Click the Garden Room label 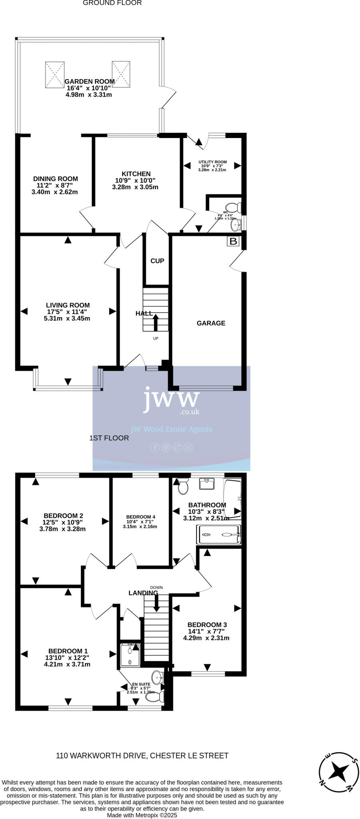pos(90,81)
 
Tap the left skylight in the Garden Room pos(54,74)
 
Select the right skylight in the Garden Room pos(121,74)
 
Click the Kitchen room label pos(136,174)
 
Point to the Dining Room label pos(55,179)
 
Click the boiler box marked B pos(233,241)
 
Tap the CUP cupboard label pos(157,261)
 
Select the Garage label pos(211,323)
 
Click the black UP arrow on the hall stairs pos(156,323)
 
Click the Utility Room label pos(212,162)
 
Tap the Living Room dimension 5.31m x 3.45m pos(67,319)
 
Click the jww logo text pos(171,398)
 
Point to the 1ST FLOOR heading pos(109,438)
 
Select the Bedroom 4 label pos(140,517)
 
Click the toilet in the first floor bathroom pos(183,486)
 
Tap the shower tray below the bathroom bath pos(218,534)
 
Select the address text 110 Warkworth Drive pos(142,755)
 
